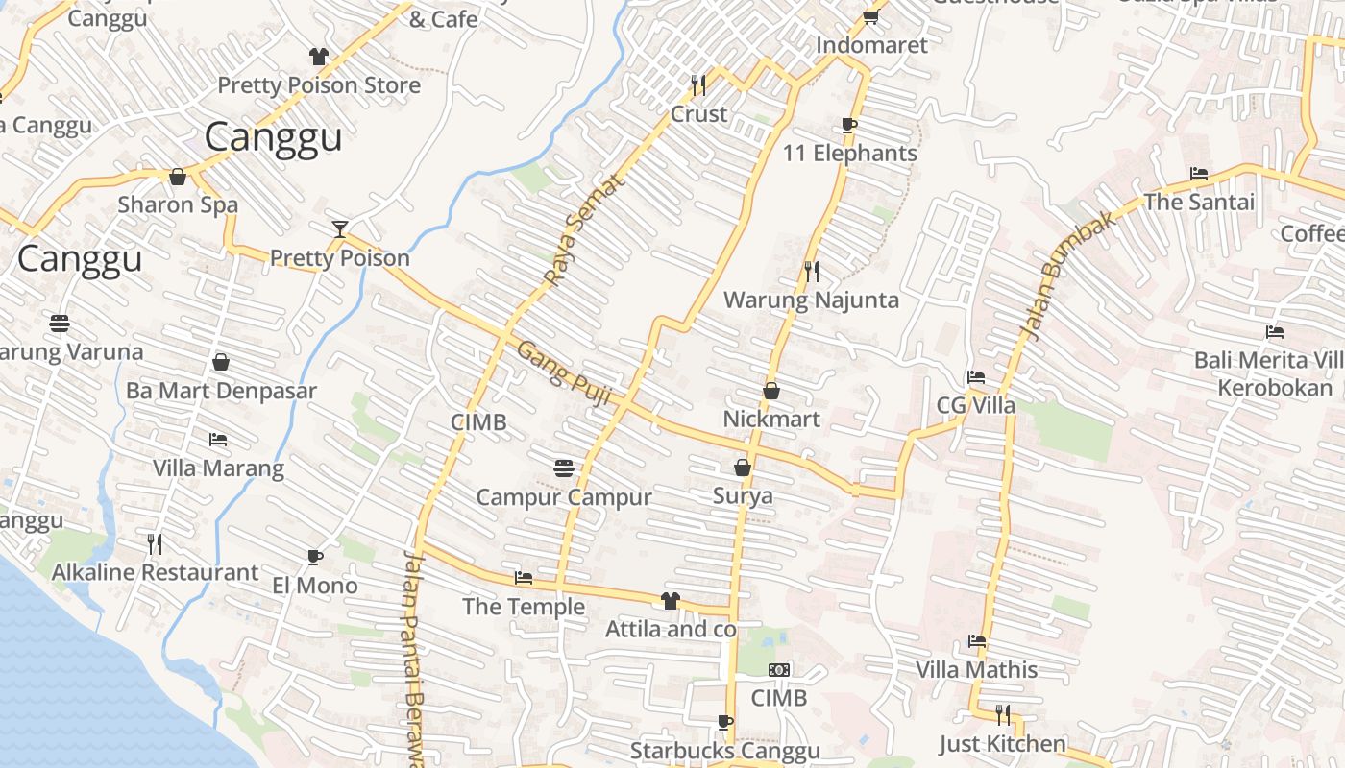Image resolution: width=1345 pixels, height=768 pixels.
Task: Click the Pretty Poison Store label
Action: (319, 85)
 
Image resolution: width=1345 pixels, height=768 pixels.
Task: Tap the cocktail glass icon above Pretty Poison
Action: (339, 228)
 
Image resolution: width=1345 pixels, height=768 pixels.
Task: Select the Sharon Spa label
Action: (178, 204)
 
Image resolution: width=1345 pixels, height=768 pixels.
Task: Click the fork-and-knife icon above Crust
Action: (698, 85)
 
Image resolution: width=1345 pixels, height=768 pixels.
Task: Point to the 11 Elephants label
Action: (849, 154)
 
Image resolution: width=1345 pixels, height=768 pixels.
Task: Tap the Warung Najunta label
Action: (811, 300)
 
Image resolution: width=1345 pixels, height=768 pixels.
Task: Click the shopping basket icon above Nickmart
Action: (770, 391)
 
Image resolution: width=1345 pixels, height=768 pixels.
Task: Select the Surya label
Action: (743, 496)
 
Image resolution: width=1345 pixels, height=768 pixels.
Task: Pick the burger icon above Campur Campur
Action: (564, 468)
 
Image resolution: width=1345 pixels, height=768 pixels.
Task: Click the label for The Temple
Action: (524, 607)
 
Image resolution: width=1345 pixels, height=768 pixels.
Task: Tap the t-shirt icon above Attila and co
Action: (670, 601)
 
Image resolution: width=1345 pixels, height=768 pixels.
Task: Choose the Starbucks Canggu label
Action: (725, 751)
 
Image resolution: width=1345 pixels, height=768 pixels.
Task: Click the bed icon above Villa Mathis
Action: (977, 640)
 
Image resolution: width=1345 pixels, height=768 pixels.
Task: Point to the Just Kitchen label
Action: (1002, 744)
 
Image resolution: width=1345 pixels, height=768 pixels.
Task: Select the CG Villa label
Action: (976, 405)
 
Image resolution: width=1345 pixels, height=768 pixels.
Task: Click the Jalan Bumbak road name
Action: (1068, 276)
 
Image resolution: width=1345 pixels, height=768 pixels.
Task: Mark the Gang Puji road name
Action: (564, 373)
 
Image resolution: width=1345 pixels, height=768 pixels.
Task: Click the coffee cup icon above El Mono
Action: (314, 557)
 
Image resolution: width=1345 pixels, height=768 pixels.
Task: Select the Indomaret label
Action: (871, 45)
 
